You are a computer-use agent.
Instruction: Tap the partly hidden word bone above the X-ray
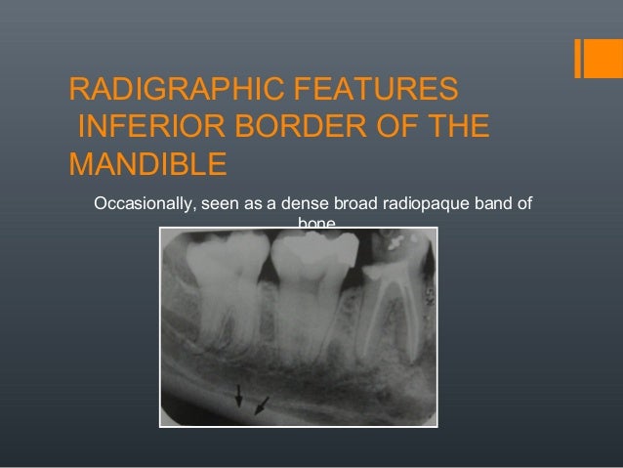[x=315, y=224]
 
